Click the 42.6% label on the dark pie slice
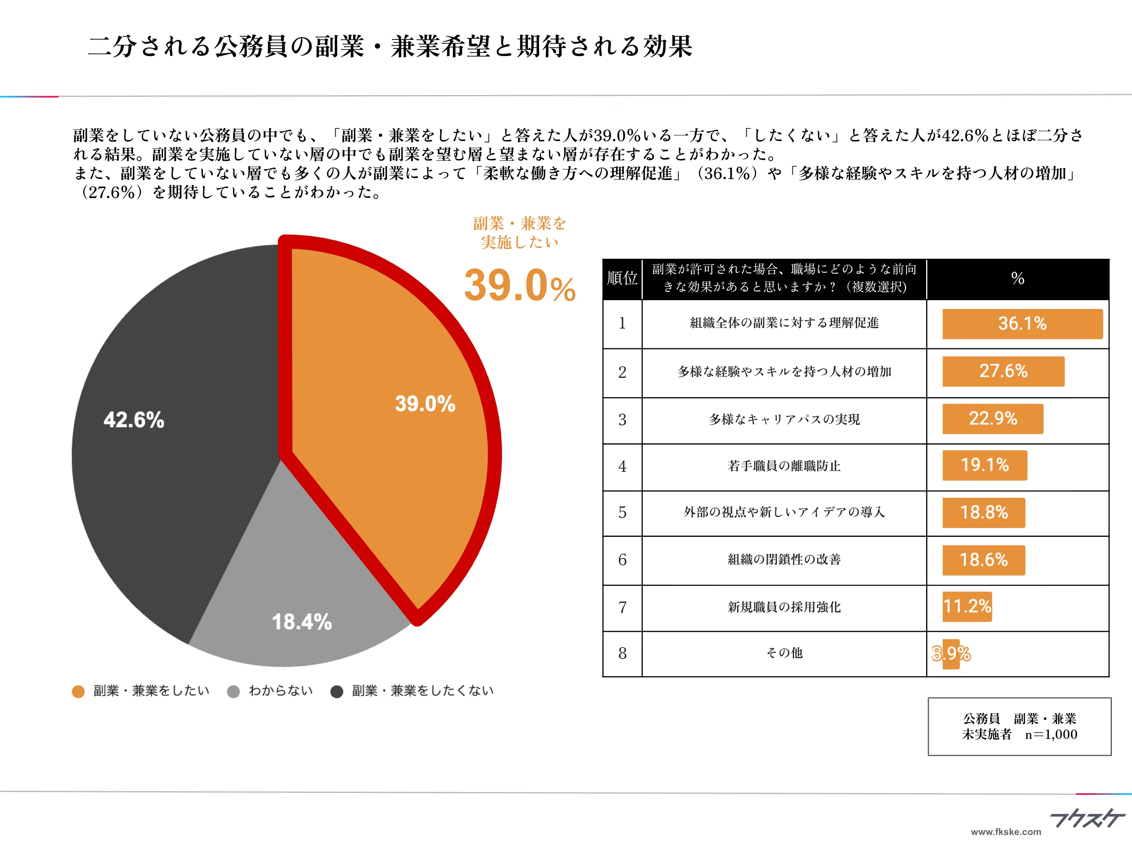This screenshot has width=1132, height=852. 134,420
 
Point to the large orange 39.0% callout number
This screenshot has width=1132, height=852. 519,286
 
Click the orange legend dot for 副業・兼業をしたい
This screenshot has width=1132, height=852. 78,691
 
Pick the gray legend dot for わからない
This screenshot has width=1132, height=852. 233,691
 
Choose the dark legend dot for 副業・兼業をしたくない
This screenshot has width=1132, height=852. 337,691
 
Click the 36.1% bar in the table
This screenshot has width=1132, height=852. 1022,323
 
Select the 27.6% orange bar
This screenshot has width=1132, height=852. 1003,371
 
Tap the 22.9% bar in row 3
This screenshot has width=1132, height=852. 992,419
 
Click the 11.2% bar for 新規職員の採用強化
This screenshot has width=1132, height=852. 967,606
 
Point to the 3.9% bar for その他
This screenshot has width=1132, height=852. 951,653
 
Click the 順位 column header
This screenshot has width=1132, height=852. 622,278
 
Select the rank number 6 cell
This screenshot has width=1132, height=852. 622,560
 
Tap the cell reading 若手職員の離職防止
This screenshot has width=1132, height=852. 784,466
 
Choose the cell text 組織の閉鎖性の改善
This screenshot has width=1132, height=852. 784,559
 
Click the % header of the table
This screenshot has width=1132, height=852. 1017,278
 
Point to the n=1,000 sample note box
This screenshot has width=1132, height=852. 1020,726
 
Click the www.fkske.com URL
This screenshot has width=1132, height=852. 1006,832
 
